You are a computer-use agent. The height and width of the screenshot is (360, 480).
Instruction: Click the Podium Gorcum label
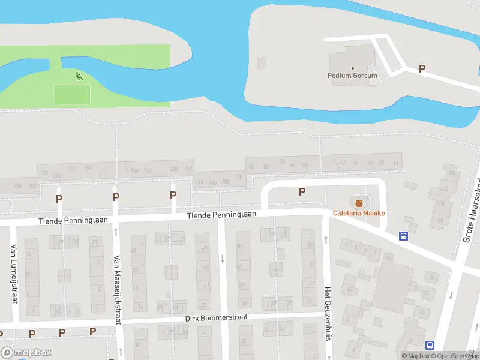353,76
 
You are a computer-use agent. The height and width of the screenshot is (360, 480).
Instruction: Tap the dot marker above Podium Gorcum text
353,68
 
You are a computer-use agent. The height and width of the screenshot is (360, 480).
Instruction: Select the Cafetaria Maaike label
359,214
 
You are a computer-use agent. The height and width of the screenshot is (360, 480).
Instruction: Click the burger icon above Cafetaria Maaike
359,203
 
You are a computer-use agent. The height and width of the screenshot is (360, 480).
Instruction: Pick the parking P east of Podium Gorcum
422,69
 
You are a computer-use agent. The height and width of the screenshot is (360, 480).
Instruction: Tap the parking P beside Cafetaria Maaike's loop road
302,192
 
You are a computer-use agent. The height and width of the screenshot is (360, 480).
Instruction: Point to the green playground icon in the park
78,76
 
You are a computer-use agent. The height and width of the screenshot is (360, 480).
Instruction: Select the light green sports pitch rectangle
72,94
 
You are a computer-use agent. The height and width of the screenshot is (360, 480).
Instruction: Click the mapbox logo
26,352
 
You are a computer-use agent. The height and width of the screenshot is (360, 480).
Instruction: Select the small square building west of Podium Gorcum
261,62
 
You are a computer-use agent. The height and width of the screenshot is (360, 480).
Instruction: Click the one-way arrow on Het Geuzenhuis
326,239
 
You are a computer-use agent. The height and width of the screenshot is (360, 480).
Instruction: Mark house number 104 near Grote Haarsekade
451,173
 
